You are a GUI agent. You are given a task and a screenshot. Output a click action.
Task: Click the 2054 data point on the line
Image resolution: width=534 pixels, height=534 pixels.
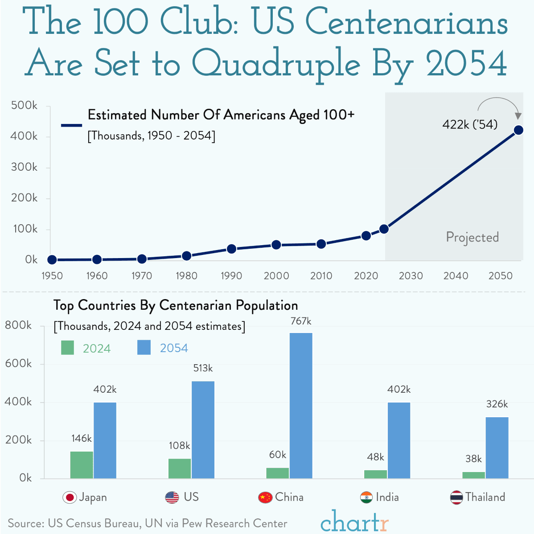click(518, 130)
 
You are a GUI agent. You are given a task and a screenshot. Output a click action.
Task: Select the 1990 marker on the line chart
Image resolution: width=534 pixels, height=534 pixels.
click(231, 249)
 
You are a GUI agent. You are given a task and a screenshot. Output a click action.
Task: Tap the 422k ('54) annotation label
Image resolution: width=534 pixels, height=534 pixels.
click(470, 124)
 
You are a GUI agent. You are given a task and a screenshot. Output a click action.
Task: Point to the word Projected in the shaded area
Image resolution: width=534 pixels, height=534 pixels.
click(472, 237)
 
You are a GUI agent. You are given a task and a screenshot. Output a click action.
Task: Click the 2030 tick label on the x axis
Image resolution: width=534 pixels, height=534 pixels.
click(411, 276)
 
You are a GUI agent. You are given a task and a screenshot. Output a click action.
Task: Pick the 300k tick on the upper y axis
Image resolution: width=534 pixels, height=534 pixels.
click(24, 167)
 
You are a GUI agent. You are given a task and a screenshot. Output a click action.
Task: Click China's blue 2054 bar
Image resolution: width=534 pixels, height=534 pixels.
click(301, 406)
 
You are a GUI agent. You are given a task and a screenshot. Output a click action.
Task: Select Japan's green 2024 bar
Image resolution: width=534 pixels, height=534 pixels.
click(82, 465)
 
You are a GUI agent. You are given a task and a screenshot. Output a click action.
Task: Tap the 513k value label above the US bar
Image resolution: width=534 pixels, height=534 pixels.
click(203, 368)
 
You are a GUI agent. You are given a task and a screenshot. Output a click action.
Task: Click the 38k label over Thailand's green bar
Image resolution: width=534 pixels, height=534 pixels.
click(473, 459)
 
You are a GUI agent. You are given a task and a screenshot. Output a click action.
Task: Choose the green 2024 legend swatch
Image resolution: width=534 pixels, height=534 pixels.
click(67, 348)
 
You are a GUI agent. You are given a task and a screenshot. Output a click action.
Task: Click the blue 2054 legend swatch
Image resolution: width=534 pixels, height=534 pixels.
click(144, 348)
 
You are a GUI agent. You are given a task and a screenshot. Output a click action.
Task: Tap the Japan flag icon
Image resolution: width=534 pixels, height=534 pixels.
click(70, 497)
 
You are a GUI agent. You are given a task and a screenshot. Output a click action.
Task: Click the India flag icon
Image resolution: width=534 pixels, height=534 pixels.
click(366, 497)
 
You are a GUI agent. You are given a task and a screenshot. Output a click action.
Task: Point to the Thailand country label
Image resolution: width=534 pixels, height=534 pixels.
click(485, 497)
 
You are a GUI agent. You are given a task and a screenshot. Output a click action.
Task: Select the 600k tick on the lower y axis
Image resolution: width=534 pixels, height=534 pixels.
click(18, 364)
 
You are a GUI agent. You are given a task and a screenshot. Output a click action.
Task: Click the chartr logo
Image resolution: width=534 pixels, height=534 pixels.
click(354, 522)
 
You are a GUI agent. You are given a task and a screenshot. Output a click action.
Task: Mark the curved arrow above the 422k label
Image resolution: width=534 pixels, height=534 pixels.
click(498, 103)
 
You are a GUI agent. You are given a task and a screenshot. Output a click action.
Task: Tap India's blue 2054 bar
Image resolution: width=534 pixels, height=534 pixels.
click(399, 440)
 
